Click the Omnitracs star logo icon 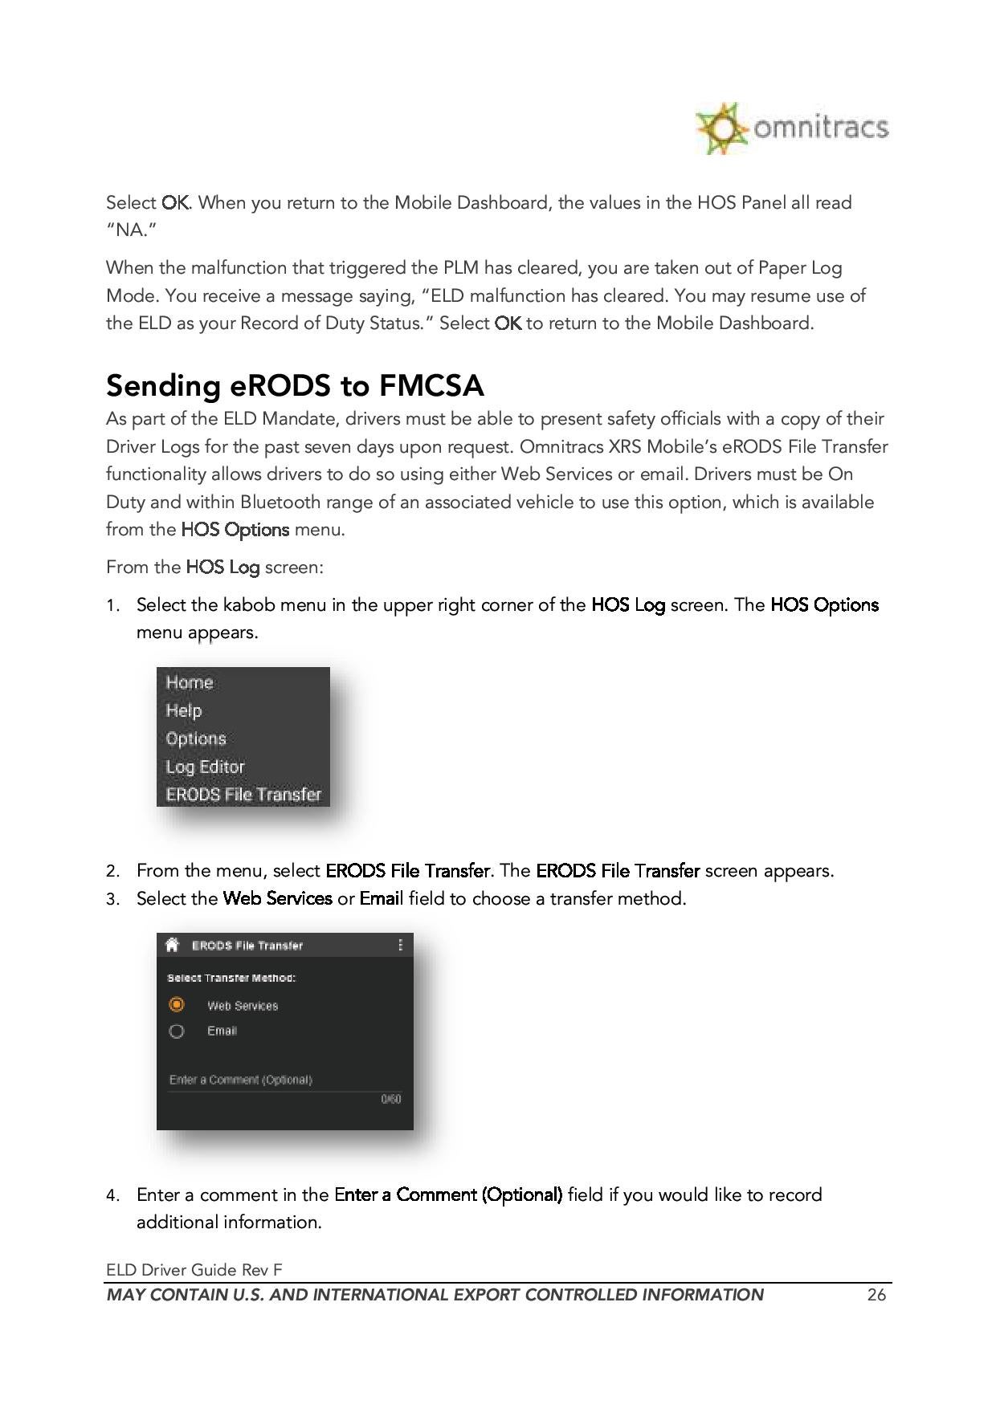click(719, 128)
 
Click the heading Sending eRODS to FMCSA click(295, 386)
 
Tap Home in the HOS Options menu click(190, 682)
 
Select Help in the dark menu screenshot click(184, 710)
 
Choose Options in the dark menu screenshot click(196, 739)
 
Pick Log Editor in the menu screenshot click(205, 767)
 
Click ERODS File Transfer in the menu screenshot click(243, 795)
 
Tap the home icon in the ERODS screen click(172, 945)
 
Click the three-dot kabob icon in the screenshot click(400, 945)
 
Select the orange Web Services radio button click(177, 1005)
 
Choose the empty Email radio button click(177, 1032)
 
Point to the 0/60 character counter click(390, 1099)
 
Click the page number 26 click(876, 1295)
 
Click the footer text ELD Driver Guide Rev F click(194, 1269)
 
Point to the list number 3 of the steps click(112, 899)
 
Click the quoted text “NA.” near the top click(131, 230)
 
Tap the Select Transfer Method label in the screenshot click(231, 978)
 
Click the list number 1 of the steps click(112, 605)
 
